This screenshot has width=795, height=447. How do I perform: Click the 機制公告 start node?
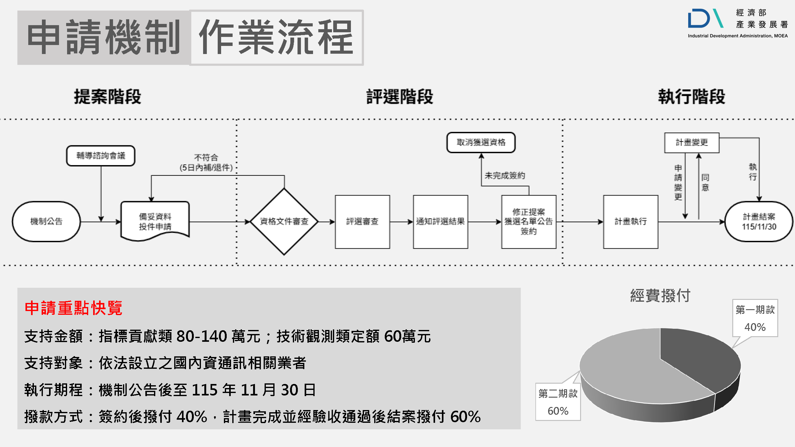46,221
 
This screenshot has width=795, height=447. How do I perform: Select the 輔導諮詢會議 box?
101,156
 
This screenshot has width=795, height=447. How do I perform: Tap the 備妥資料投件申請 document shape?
155,221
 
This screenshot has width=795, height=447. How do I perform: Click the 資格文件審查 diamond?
284,221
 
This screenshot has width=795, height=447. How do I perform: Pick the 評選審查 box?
362,221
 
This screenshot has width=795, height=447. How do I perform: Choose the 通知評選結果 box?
440,221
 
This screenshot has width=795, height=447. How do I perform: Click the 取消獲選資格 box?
481,142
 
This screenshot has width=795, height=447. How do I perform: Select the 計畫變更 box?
692,142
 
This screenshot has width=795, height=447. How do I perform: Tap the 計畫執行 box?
630,221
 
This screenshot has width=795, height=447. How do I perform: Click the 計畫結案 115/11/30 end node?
759,221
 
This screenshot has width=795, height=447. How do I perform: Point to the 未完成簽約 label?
505,176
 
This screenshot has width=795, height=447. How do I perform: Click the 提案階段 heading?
107,97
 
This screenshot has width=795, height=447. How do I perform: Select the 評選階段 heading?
400,97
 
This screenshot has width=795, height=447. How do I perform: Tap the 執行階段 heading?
691,97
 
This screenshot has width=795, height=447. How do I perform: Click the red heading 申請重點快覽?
73,308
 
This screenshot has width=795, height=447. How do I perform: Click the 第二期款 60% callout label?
558,402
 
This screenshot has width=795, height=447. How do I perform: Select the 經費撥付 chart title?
660,295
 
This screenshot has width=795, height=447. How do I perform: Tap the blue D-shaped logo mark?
699,19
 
